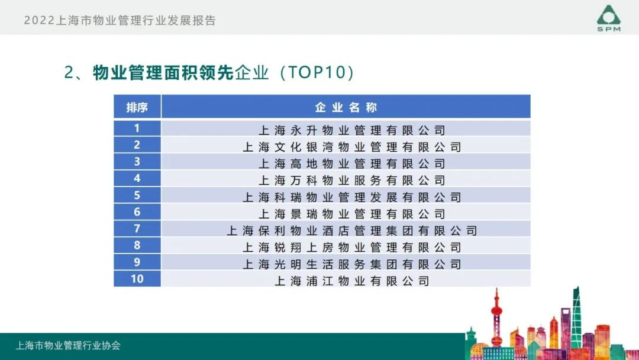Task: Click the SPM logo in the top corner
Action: tap(608, 18)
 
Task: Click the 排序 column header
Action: tap(137, 107)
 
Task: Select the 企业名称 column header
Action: tap(346, 107)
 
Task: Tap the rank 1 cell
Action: tap(137, 128)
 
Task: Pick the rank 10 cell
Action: tap(137, 278)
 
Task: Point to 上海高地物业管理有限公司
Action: tap(351, 163)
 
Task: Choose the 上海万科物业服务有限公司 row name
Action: tap(351, 180)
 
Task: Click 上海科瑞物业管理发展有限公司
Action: tap(351, 197)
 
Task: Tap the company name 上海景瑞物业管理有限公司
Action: tap(351, 214)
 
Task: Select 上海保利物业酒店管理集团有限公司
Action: tap(351, 230)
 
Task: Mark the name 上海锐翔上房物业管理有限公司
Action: tap(351, 247)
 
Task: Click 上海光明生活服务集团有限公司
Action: tap(351, 264)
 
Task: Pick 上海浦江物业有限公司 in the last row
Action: tap(351, 281)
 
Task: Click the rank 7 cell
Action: tap(137, 228)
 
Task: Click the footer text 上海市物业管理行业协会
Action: tap(68, 346)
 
